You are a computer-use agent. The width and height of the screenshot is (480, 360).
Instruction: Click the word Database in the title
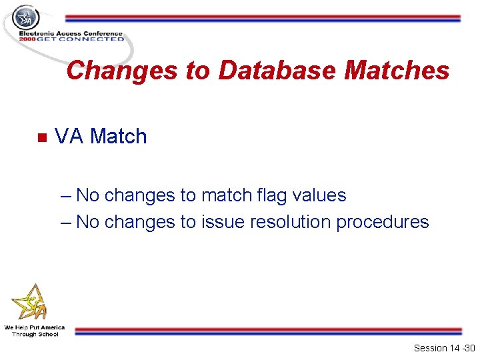277,71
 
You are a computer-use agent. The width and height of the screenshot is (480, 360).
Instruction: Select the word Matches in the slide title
397,71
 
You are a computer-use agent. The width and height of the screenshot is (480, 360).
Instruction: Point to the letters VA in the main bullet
69,137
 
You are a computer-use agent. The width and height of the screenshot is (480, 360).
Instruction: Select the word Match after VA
119,137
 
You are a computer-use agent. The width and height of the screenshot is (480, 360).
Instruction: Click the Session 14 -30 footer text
444,348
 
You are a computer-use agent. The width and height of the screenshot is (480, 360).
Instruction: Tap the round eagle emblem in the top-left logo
27,18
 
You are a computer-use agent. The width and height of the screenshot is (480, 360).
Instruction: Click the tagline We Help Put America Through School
35,331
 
